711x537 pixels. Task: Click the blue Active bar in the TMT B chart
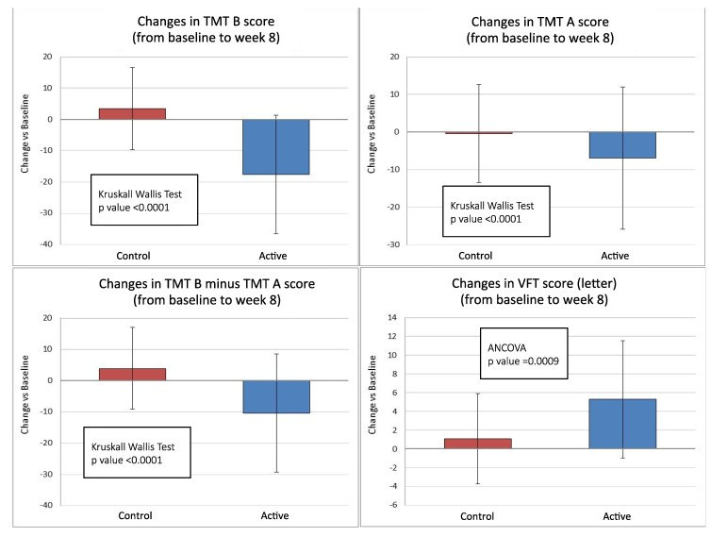[x=276, y=146]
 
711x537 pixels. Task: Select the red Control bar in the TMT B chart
[x=132, y=113]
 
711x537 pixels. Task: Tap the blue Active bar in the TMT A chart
[x=622, y=144]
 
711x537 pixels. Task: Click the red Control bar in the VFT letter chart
[x=478, y=444]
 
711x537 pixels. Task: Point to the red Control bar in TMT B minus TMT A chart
[x=132, y=374]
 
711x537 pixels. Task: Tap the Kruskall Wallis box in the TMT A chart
[x=495, y=210]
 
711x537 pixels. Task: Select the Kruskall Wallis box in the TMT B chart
[x=143, y=199]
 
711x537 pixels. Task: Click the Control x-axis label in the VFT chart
[x=478, y=516]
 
